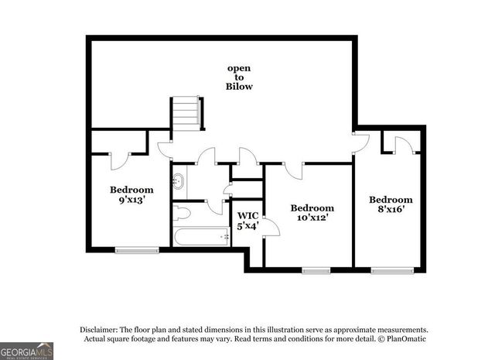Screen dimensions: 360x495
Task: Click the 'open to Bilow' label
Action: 239,77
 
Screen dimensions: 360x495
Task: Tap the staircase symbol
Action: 186,114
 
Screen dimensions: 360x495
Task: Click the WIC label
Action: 247,215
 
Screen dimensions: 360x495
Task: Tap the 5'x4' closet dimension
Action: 247,226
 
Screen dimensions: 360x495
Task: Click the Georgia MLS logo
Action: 27,350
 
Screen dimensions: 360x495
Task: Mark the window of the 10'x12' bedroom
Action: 315,270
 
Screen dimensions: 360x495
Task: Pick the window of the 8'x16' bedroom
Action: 391,270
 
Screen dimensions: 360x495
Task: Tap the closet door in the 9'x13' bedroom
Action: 120,159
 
